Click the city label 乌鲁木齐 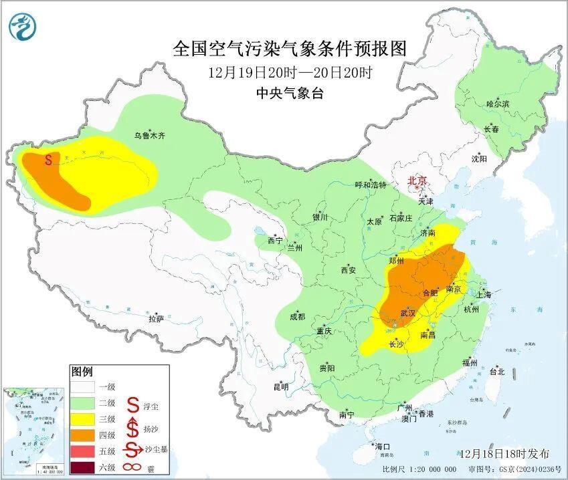click(x=149, y=135)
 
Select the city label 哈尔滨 click(x=497, y=104)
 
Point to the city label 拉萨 click(x=156, y=319)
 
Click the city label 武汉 click(x=407, y=312)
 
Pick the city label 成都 click(x=298, y=317)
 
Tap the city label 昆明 click(x=280, y=386)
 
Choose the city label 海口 click(x=382, y=447)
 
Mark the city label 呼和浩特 click(x=370, y=185)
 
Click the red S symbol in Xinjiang click(x=48, y=160)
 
